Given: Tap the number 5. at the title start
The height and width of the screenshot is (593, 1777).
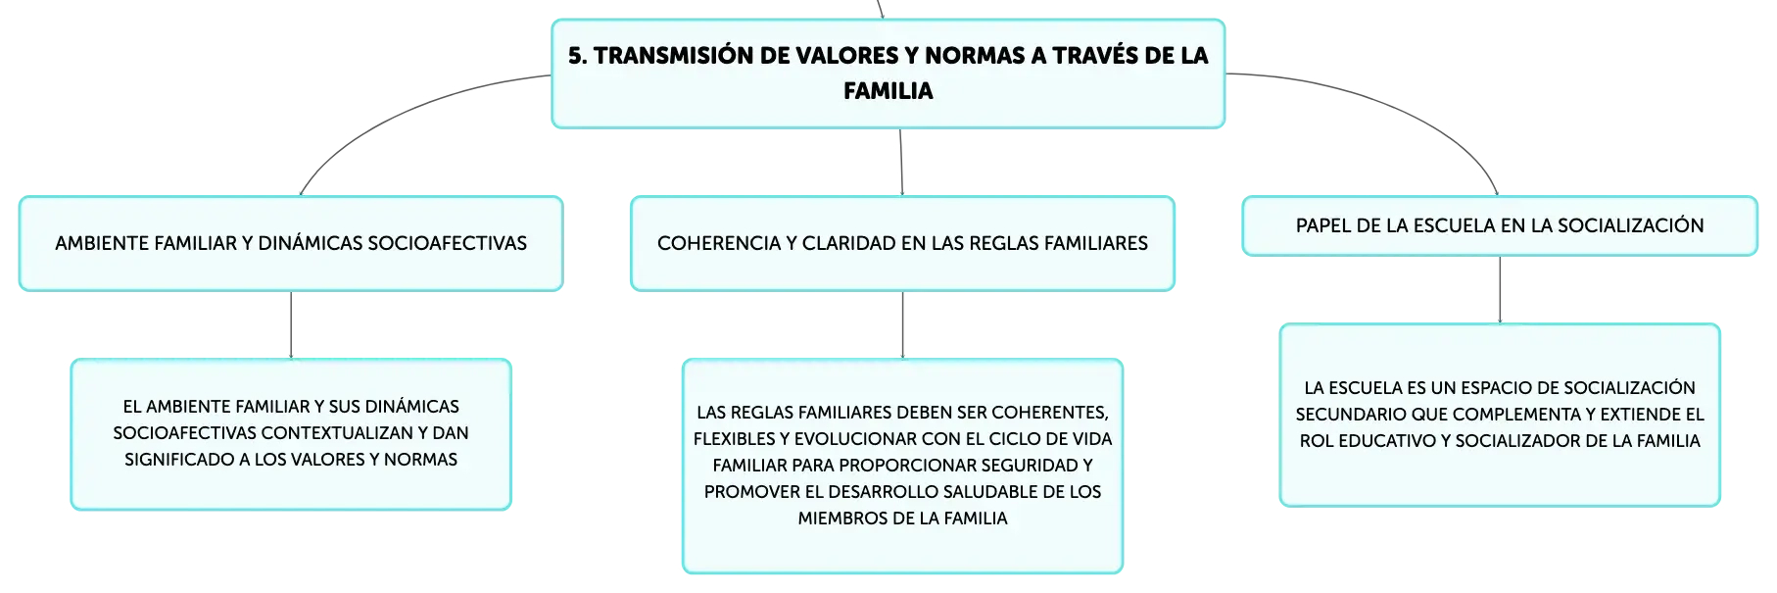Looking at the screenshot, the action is [x=578, y=56].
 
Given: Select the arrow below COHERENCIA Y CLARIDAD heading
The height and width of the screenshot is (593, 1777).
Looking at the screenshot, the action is [x=902, y=325].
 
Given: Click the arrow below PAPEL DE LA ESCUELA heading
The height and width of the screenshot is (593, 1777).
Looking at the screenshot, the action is [x=1500, y=290].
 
